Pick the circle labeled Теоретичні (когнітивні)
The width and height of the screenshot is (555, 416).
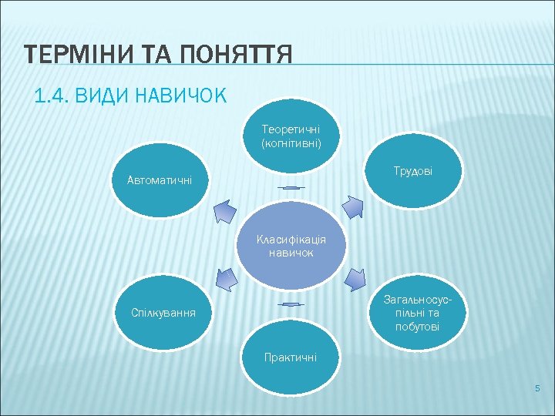(291, 139)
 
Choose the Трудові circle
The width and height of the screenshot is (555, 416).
(412, 170)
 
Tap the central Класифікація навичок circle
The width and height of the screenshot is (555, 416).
(291, 245)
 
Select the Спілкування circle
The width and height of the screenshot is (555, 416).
(163, 314)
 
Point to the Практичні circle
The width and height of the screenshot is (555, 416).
(291, 359)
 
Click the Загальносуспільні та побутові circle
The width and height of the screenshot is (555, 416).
(416, 313)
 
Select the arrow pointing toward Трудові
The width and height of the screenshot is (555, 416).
(353, 208)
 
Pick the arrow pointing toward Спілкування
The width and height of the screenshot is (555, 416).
(226, 280)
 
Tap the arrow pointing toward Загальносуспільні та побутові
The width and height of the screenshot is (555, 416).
(354, 279)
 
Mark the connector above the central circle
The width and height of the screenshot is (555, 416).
(291, 188)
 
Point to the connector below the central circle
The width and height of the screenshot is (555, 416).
(291, 305)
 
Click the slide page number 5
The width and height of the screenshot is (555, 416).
(538, 388)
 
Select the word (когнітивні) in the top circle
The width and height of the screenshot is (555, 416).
(291, 143)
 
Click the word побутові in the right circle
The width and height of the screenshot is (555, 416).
(416, 327)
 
